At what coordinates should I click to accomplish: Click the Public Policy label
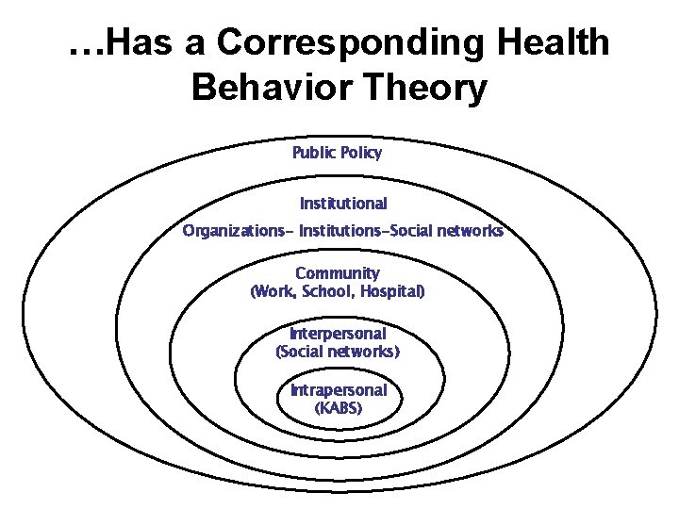point(338,153)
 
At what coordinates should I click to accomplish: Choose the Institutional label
point(343,204)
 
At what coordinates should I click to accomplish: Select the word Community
point(338,273)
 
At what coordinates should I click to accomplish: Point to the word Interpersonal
point(338,334)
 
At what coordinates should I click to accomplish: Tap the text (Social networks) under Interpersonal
point(338,353)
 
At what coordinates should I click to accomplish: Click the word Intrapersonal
point(339,390)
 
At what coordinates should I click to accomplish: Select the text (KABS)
point(339,409)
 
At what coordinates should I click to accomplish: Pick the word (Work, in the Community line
point(273,292)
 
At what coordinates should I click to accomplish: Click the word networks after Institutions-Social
point(469,231)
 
